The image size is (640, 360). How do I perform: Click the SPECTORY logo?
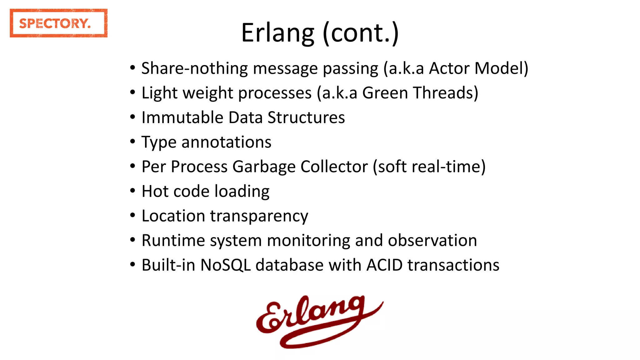[x=58, y=23]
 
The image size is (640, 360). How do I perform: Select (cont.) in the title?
[x=361, y=33]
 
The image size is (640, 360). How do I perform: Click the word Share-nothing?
[x=194, y=68]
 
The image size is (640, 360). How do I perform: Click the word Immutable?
[x=182, y=117]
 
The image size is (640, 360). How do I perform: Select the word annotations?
[x=226, y=142]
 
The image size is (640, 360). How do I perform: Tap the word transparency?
[x=259, y=216]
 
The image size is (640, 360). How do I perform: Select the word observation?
[x=432, y=240]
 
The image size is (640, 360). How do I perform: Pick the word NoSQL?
[x=225, y=265]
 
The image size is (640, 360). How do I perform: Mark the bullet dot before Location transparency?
[x=133, y=215]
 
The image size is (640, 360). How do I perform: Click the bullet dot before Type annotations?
[x=133, y=142]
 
